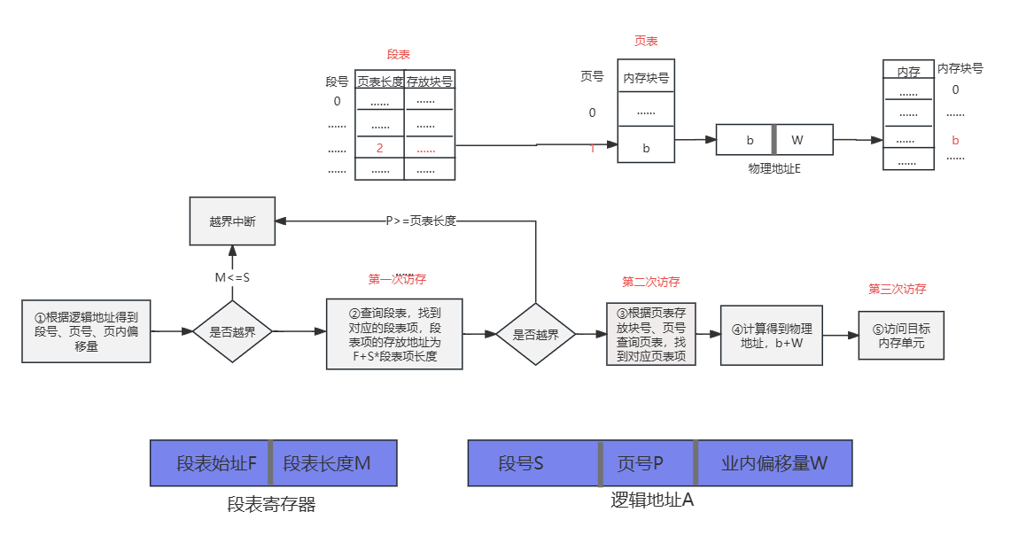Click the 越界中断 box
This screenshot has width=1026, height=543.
pos(232,221)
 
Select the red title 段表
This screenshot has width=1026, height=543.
pos(399,55)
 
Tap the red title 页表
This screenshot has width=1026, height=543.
pos(646,41)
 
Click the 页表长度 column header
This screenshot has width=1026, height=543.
pos(380,81)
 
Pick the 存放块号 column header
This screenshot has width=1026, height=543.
pos(430,81)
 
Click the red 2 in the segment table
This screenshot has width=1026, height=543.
pos(379,147)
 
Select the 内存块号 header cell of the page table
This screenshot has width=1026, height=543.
pos(646,78)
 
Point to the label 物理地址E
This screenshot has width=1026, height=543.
pos(774,168)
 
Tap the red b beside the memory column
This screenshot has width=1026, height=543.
pos(955,140)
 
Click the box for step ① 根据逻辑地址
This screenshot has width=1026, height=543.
pos(86,331)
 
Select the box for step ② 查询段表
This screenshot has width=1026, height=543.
pos(393,333)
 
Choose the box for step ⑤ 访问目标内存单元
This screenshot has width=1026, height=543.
pos(900,335)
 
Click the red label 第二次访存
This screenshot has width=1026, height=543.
pos(650,283)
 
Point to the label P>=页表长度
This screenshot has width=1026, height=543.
pos(421,221)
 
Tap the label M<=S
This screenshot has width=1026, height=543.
pos(232,277)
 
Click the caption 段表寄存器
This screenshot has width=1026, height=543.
pos(271,505)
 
